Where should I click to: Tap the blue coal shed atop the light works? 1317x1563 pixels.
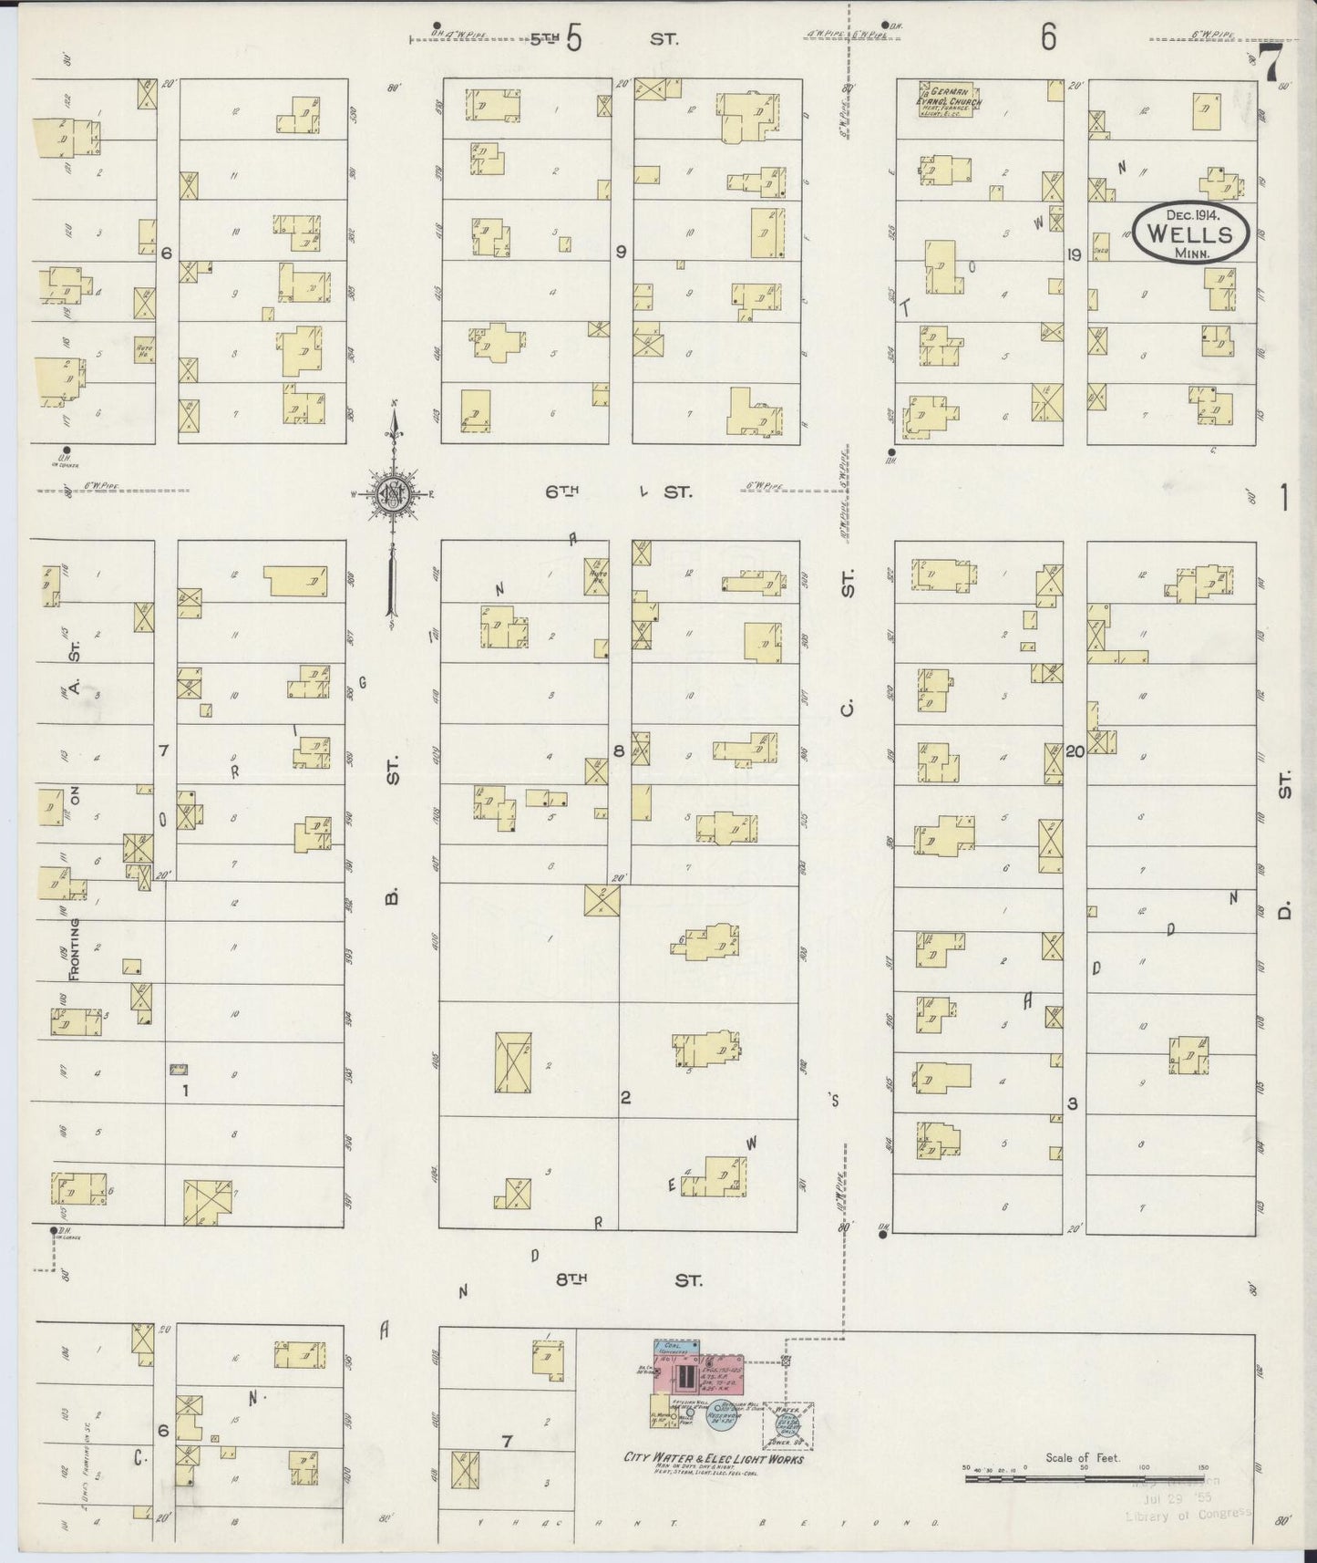[675, 1346]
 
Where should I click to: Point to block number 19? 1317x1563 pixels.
[1074, 255]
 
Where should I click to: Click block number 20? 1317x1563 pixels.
[1074, 752]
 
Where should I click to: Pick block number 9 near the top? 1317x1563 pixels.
[621, 253]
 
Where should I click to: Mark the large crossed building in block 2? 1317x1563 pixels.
[513, 1061]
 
